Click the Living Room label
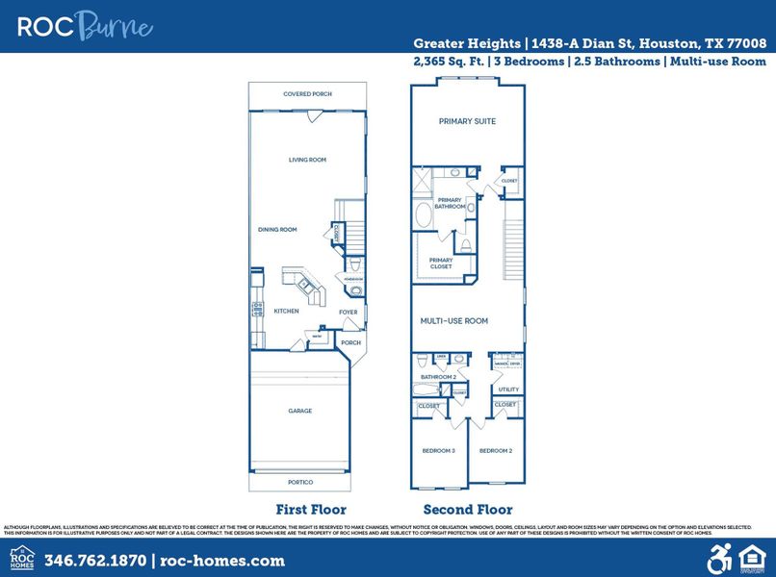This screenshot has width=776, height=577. pos(308,160)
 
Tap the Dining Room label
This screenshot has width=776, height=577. pos(277,230)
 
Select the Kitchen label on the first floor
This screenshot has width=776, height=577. pos(286,311)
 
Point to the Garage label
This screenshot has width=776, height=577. pos(300,411)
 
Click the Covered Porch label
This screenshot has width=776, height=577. pos(307,94)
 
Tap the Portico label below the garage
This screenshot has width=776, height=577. pos(300,482)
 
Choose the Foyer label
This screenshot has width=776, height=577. pos(349,313)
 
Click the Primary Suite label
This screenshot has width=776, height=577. pos(467,122)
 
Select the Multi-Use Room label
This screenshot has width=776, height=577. pos(454,320)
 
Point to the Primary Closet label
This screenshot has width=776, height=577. pos(441,263)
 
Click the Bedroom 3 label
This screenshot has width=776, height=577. pos(438,450)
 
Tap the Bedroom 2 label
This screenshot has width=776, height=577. pos(495,450)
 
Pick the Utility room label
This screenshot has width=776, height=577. pos(508,389)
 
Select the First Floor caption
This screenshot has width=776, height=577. pos(311,510)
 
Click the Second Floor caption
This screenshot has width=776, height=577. pos(468,510)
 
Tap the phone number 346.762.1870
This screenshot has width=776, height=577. pos(94,560)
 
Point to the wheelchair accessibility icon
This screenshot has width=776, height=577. pos(720,558)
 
